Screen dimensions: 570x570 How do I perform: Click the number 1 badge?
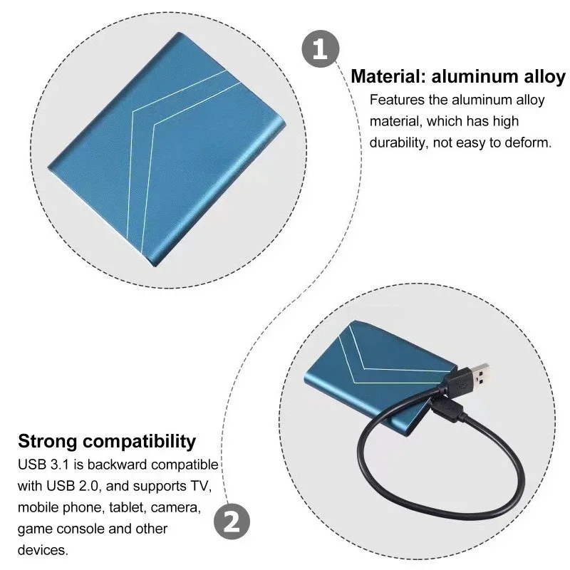pyautogui.click(x=320, y=48)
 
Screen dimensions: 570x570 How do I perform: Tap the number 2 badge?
pyautogui.click(x=232, y=522)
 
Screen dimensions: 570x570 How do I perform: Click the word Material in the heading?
pyautogui.click(x=388, y=76)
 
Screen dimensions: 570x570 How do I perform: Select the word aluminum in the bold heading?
pyautogui.click(x=475, y=76)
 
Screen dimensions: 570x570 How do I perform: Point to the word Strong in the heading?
pyautogui.click(x=48, y=442)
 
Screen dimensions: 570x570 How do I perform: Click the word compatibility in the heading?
pyautogui.click(x=140, y=442)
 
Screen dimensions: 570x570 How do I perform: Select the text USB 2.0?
pyautogui.click(x=73, y=486)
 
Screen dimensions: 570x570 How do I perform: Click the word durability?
pyautogui.click(x=397, y=142)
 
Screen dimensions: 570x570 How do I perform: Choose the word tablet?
pyautogui.click(x=126, y=507)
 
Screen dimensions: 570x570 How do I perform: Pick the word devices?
pyautogui.click(x=43, y=550)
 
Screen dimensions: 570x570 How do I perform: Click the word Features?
pyautogui.click(x=397, y=100)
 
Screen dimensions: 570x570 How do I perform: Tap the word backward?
pyautogui.click(x=118, y=465)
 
